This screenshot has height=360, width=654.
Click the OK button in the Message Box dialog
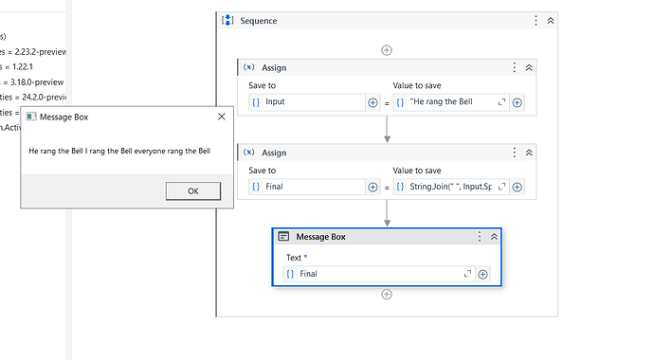(x=192, y=190)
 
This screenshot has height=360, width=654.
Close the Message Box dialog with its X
(x=221, y=117)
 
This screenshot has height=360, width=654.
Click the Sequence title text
(x=259, y=20)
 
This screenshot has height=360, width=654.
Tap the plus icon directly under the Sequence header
(x=387, y=50)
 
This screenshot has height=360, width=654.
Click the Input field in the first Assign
(x=306, y=102)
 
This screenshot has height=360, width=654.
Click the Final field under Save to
(x=306, y=188)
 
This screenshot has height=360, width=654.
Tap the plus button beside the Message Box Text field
(x=483, y=274)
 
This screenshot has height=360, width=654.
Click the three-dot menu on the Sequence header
(x=536, y=20)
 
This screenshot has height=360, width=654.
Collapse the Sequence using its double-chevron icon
(x=551, y=20)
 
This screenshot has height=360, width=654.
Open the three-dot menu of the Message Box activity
(x=480, y=237)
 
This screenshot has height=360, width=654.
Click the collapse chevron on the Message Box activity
(x=494, y=237)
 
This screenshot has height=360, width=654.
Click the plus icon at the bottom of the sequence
(x=387, y=295)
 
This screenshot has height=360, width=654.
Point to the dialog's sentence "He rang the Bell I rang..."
(x=118, y=151)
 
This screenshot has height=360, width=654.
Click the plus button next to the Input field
(x=372, y=102)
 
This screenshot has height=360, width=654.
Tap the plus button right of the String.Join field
(x=518, y=188)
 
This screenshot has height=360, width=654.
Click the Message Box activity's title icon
(x=283, y=237)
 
